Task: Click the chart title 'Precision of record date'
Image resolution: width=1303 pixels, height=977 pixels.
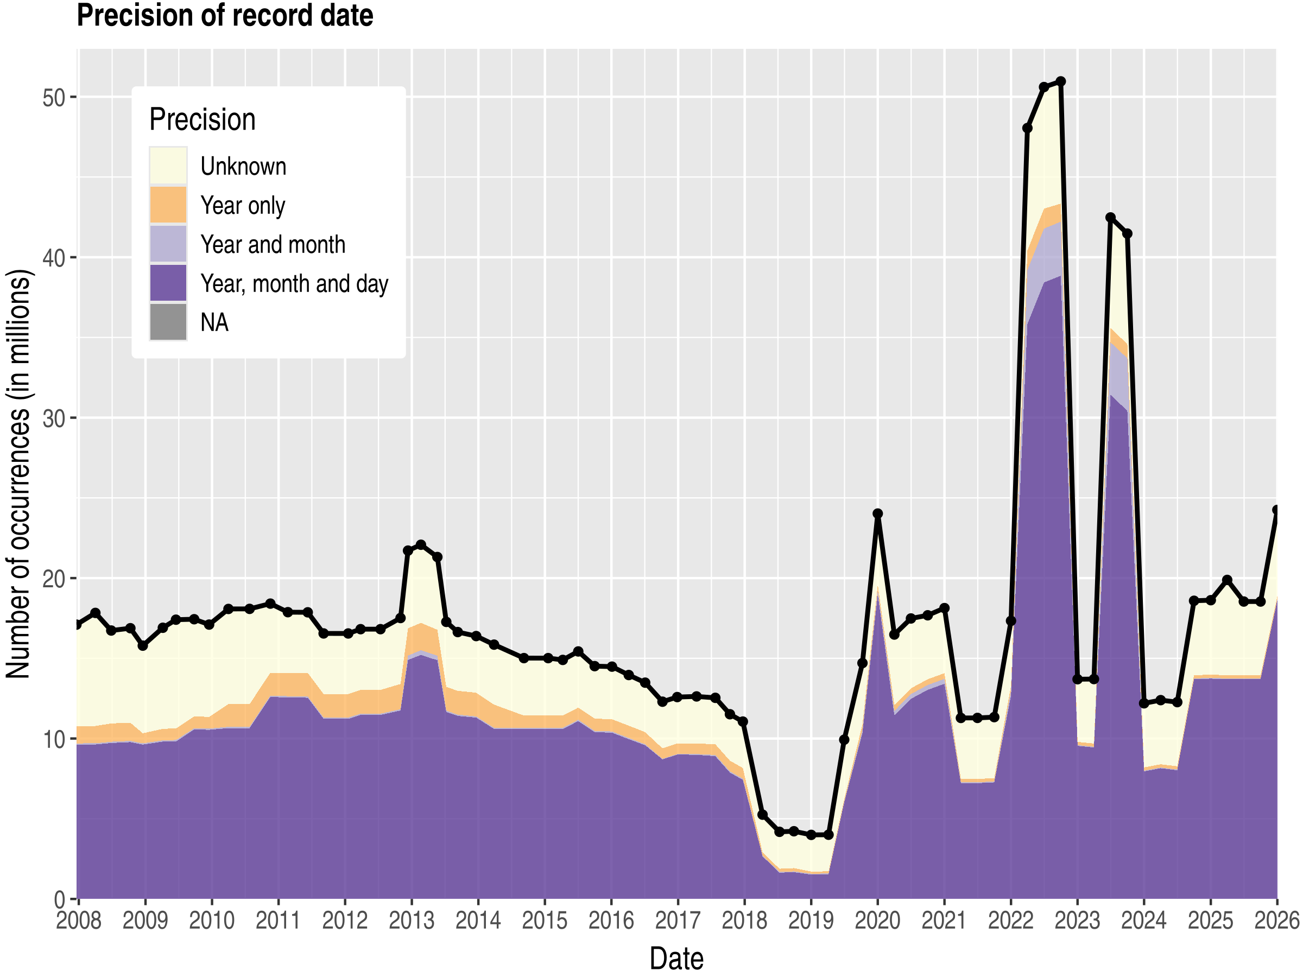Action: point(224,15)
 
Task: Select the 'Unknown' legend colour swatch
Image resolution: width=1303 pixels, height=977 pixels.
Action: point(168,166)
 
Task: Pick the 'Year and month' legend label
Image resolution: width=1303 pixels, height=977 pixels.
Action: point(273,244)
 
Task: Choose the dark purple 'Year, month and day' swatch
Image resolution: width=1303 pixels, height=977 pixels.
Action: point(168,283)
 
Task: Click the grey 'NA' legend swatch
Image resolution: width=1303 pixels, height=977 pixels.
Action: point(168,322)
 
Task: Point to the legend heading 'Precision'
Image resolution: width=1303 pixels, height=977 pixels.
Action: point(202,119)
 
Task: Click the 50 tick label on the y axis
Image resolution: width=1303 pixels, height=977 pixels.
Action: point(53,97)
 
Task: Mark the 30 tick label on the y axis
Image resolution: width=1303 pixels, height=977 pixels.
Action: point(53,418)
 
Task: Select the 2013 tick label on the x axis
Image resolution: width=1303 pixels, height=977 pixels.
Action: point(411,921)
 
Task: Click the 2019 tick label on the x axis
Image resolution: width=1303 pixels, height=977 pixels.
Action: point(811,921)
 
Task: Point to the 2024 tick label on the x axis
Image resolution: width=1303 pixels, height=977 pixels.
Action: point(1143,921)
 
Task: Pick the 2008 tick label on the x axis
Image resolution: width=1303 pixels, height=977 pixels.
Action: point(78,921)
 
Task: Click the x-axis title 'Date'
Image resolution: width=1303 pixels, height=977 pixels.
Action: point(676,959)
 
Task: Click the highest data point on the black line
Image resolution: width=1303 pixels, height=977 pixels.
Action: point(1061,81)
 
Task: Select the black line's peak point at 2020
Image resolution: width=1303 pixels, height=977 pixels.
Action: point(878,513)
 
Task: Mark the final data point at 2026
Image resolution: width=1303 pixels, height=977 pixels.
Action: point(1276,510)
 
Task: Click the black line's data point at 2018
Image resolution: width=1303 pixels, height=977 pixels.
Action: point(743,721)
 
